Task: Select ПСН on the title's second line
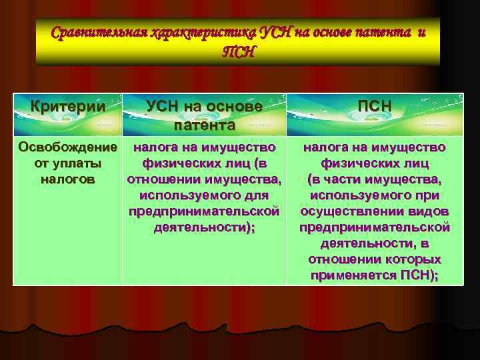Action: point(238,52)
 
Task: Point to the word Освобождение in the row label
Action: point(68,147)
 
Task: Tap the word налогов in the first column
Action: point(68,179)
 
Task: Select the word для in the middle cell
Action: point(256,195)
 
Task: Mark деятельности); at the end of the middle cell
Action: point(204,227)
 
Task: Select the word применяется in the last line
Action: point(352,275)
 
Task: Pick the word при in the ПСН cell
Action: point(425,195)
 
